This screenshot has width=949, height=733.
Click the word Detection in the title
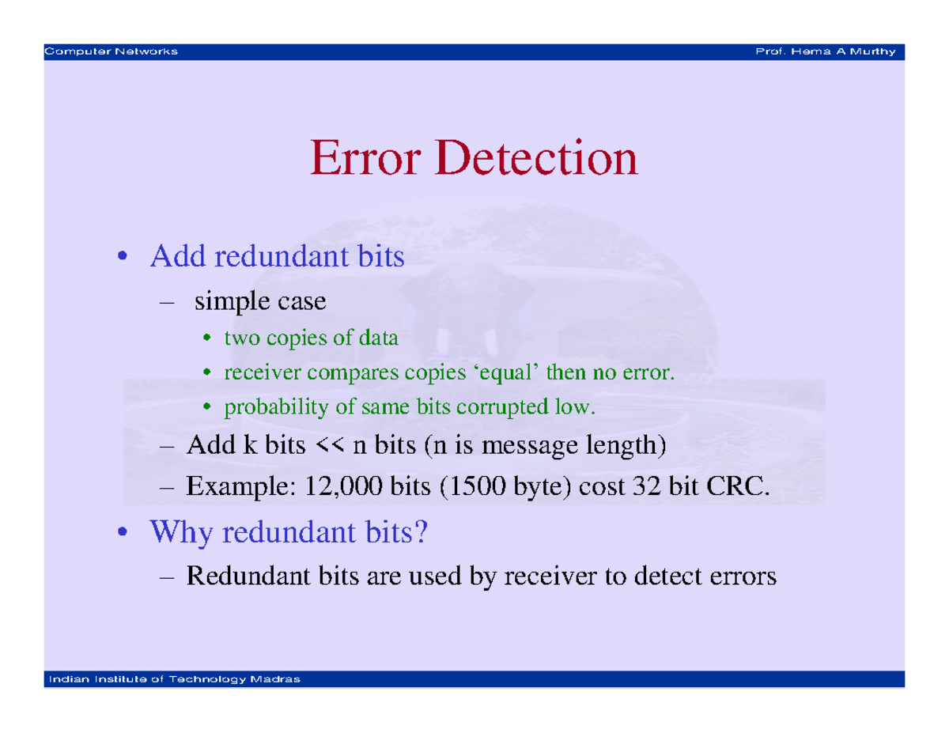[x=536, y=157]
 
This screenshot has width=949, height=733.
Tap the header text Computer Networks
[x=111, y=51]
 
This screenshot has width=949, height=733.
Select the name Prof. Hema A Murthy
[x=825, y=51]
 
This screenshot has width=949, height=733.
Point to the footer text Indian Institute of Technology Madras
[x=174, y=679]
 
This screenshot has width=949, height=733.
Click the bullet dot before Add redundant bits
[x=123, y=256]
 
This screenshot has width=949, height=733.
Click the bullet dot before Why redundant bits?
[x=123, y=531]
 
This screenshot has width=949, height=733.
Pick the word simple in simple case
[x=232, y=302]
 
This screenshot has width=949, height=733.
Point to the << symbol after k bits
[x=329, y=445]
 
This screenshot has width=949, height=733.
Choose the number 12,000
[x=343, y=486]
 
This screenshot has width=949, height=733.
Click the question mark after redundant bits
[x=420, y=531]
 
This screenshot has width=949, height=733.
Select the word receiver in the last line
[x=550, y=576]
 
